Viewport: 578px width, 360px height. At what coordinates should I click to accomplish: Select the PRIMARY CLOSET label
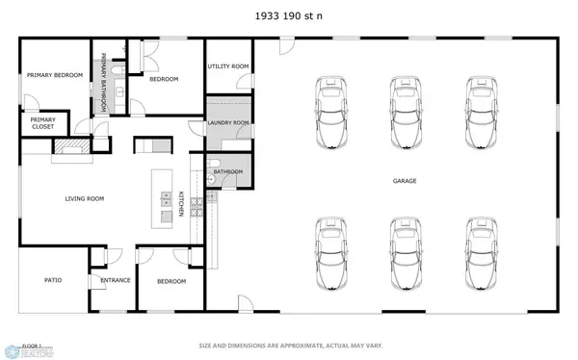(x=42, y=122)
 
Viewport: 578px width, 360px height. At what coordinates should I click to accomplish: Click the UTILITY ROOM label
(x=228, y=66)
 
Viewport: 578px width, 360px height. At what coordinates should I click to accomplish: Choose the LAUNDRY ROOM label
(x=228, y=123)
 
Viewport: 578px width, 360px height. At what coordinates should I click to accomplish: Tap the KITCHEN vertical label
(x=181, y=203)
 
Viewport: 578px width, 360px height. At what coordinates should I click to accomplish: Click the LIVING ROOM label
(x=84, y=198)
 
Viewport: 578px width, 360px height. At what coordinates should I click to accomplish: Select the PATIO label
(x=53, y=280)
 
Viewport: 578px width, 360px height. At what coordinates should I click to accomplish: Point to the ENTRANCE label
(x=116, y=280)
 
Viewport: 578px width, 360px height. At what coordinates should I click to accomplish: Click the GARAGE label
(x=404, y=181)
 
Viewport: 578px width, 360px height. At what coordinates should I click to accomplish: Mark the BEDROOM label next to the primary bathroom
(x=164, y=79)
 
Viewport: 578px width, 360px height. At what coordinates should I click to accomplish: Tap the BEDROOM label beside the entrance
(x=171, y=280)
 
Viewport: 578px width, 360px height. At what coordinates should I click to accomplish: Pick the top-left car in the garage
(x=330, y=111)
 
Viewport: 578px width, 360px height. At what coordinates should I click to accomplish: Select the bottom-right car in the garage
(x=482, y=253)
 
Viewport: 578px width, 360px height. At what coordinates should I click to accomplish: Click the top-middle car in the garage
(x=406, y=111)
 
